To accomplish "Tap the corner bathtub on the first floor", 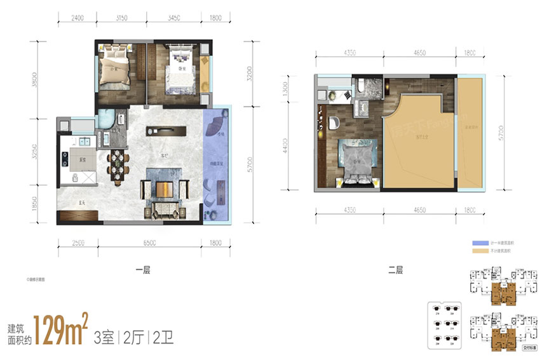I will (106, 119).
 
